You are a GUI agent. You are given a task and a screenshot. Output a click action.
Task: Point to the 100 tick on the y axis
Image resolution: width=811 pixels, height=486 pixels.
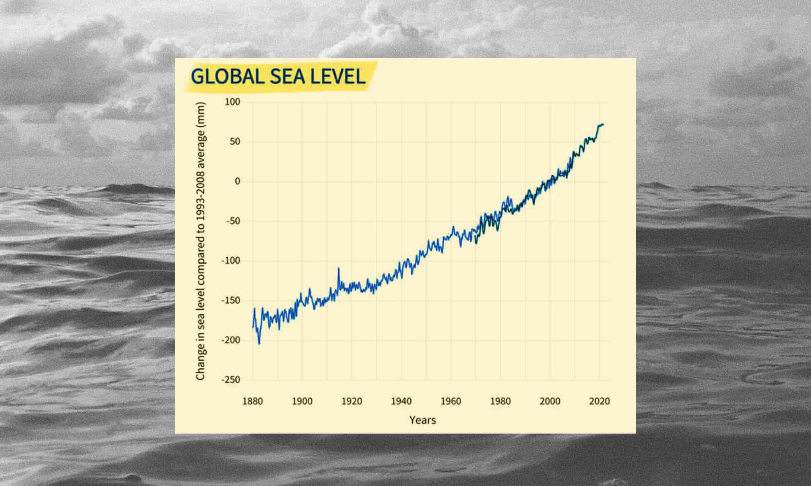(x=233, y=102)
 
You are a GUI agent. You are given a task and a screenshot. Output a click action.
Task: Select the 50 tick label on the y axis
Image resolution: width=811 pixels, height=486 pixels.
(x=235, y=142)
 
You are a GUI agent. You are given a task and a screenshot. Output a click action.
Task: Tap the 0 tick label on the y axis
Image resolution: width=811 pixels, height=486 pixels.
(x=237, y=181)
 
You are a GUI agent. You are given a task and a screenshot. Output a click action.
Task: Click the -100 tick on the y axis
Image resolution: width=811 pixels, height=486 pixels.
(x=231, y=261)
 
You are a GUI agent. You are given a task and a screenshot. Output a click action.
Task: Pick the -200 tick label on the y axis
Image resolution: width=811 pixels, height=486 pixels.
(x=231, y=340)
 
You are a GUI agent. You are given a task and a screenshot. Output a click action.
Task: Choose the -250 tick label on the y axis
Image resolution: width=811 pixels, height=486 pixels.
(x=231, y=380)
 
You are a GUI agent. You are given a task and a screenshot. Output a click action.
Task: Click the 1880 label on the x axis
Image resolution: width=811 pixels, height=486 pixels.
(x=252, y=401)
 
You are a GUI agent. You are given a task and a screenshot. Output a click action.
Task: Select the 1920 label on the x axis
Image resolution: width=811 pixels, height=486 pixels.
(x=352, y=401)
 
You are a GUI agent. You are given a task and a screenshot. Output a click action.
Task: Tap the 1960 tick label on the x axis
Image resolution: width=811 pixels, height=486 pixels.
(x=451, y=401)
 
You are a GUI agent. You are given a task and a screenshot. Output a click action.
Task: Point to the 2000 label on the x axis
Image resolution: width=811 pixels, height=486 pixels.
(x=550, y=401)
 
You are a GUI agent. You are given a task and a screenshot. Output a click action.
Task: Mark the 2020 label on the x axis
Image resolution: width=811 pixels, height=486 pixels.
(x=599, y=401)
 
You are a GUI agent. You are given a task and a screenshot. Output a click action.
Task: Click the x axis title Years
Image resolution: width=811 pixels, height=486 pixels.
(x=423, y=420)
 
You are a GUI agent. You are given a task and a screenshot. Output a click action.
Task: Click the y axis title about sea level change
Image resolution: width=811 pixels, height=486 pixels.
(x=201, y=241)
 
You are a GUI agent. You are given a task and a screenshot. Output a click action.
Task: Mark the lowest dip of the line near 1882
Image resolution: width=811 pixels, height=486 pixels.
(x=259, y=343)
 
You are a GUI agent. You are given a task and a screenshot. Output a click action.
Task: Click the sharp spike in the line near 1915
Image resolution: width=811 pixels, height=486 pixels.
(x=339, y=268)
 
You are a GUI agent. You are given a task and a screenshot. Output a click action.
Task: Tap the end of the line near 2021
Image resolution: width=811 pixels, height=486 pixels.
(x=603, y=125)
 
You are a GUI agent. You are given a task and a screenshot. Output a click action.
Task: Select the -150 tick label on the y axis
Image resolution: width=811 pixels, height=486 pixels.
(x=231, y=301)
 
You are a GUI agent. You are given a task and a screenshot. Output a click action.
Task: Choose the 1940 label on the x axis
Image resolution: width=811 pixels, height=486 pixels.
(x=401, y=401)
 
